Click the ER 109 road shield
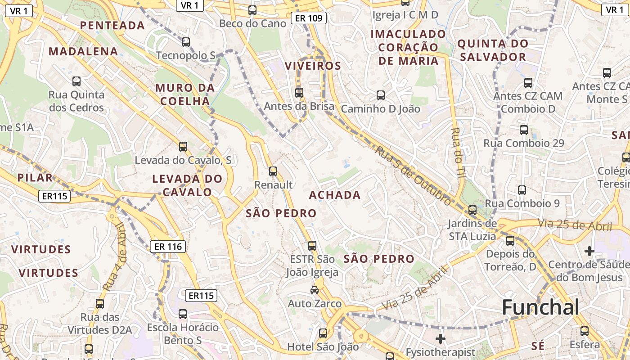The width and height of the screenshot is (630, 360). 308,18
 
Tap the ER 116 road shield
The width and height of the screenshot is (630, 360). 168,246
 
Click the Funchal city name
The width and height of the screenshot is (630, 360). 540,307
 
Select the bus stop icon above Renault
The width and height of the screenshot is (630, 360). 273,171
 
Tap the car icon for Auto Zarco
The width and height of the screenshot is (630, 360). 315,290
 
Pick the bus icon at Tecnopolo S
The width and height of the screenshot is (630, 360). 186,42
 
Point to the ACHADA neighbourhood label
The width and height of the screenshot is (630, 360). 335,195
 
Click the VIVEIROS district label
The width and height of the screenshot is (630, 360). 313,66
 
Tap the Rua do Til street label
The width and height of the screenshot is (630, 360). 457,153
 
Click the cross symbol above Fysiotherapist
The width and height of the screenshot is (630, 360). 441,338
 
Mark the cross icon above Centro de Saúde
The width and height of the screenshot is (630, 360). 589,251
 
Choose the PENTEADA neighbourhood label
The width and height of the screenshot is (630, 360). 112,25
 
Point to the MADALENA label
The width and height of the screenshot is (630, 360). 83,51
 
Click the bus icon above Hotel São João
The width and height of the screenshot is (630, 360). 323,333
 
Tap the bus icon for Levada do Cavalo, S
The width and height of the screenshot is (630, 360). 183,147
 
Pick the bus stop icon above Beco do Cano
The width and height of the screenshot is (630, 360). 252,10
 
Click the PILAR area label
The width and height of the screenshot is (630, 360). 35,177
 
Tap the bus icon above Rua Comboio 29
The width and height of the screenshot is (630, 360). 524,130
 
